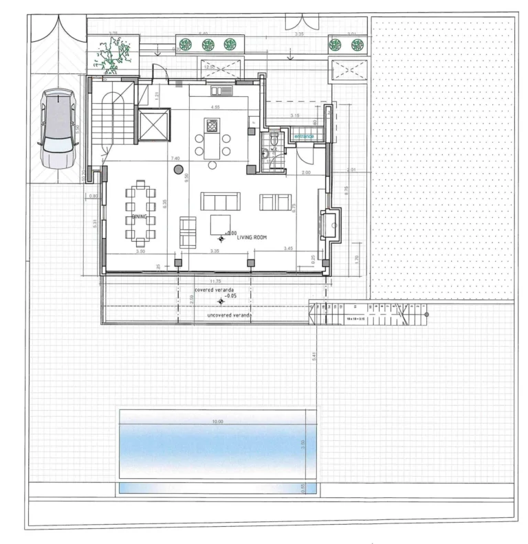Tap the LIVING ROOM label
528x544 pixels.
pos(251,237)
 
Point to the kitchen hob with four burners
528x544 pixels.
pos(212,126)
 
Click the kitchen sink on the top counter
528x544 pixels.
pos(224,90)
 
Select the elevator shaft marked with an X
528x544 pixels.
pos(153,125)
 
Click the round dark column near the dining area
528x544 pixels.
pos(177,169)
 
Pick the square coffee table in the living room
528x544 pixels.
pos(220,225)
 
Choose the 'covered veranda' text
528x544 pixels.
pos(214,291)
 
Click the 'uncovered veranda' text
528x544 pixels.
pos(228,315)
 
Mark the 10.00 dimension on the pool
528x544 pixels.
pos(218,420)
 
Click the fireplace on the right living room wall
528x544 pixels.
pos(333,223)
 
